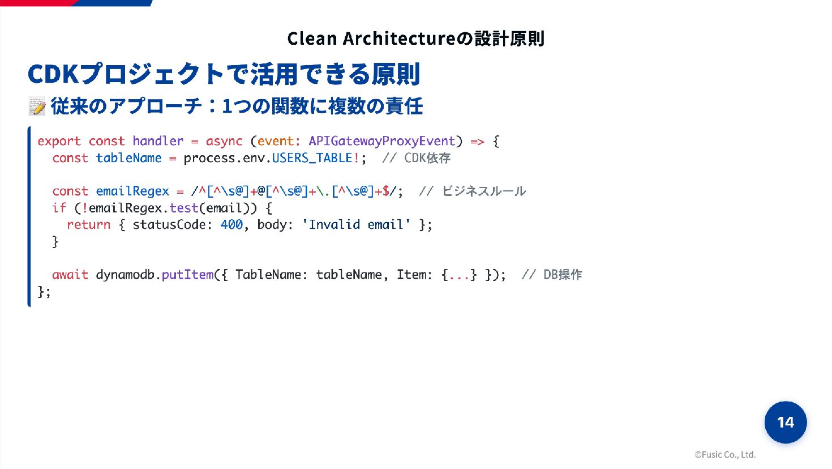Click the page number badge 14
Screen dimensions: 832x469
[x=785, y=422]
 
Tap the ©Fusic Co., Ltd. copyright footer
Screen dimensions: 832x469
[x=725, y=454]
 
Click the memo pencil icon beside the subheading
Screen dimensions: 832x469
[x=37, y=106]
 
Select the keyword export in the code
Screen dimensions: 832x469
[x=59, y=141]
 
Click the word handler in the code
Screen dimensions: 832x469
[x=158, y=141]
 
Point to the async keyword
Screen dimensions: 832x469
[x=224, y=141]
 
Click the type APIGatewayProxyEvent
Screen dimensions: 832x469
[x=381, y=141]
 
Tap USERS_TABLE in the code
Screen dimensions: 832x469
[x=312, y=158]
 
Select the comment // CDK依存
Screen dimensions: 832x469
[x=416, y=158]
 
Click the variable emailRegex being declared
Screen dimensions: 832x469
[x=132, y=191]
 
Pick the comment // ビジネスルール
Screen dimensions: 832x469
[x=473, y=191]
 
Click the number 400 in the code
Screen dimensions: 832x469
[x=231, y=225]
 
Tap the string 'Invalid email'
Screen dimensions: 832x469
[x=356, y=225]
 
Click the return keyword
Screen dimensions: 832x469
[x=88, y=225]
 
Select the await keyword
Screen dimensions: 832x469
[x=70, y=275]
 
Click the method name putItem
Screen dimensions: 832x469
[x=187, y=275]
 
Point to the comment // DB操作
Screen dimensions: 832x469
[x=552, y=275]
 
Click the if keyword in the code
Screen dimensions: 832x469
[x=59, y=208]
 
